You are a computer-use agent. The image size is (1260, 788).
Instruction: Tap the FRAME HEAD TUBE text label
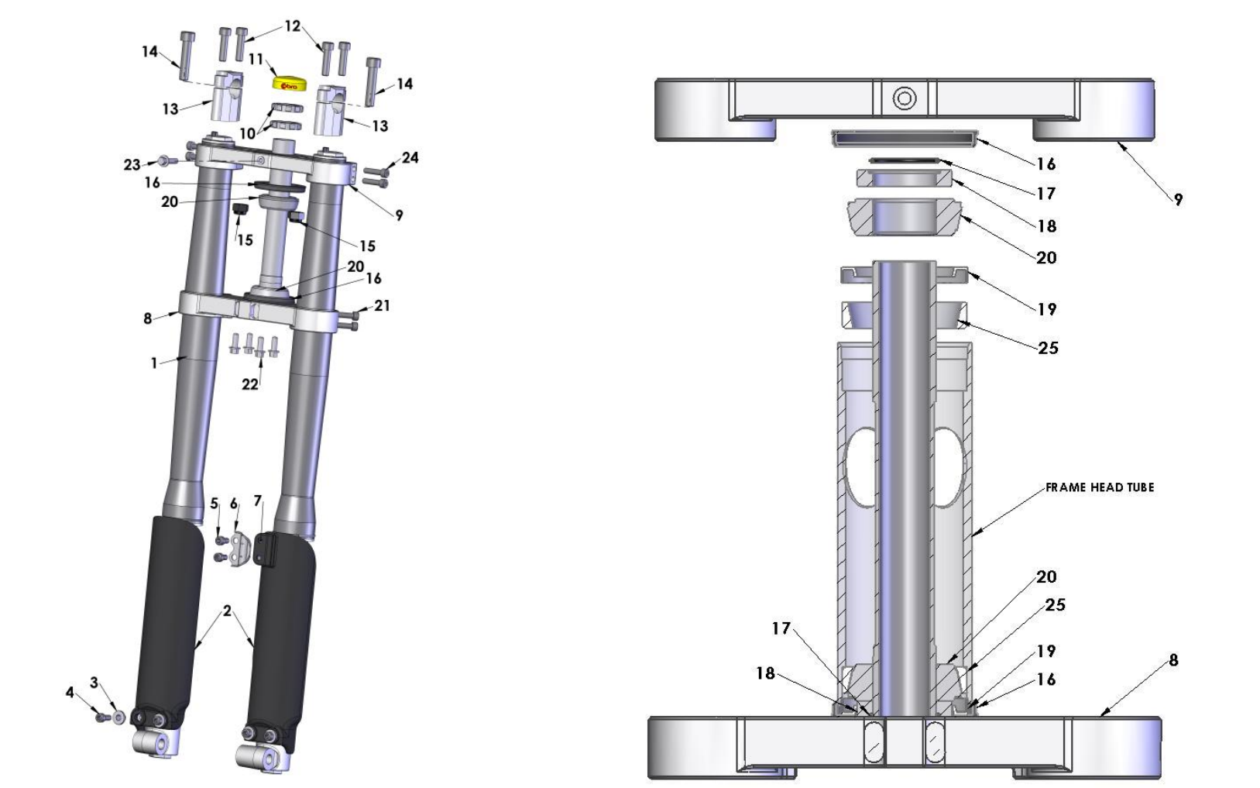1100,487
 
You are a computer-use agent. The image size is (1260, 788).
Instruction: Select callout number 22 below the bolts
249,384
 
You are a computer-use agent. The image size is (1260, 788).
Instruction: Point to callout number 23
132,164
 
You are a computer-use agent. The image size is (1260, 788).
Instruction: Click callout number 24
410,158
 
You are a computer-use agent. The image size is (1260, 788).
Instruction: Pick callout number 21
382,306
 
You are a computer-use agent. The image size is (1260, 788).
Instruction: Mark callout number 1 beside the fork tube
154,362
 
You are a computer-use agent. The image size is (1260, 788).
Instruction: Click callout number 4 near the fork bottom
70,692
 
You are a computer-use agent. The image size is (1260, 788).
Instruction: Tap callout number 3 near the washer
94,683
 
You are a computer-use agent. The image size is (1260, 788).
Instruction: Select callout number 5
215,504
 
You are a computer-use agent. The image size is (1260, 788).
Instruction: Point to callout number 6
234,504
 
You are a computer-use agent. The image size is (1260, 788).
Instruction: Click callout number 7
258,501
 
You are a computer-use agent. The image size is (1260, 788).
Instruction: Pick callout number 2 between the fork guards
227,611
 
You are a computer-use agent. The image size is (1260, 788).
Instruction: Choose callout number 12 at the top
292,26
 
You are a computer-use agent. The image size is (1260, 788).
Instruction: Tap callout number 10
247,133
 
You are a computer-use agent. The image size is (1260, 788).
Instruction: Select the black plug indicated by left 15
240,210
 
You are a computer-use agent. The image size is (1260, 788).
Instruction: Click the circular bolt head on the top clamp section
905,98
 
